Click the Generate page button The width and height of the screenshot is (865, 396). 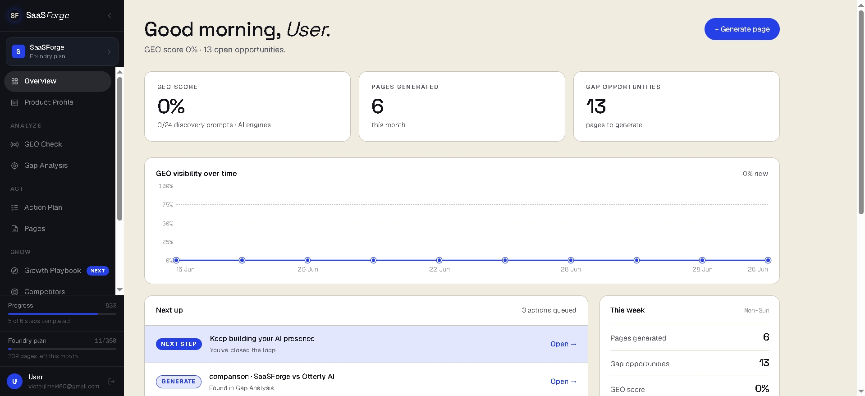tap(742, 29)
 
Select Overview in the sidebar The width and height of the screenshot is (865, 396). tap(58, 81)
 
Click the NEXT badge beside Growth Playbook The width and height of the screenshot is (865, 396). tap(98, 271)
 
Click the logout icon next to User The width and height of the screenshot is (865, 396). tap(111, 382)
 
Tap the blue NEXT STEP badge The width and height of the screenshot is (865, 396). tap(179, 344)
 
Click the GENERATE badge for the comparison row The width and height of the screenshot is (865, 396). tap(178, 382)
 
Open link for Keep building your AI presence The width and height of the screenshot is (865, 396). tap(563, 344)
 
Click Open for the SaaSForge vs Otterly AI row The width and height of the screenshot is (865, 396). tap(563, 382)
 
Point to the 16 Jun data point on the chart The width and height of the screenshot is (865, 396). tap(176, 260)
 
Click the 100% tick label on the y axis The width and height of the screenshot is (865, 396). tap(166, 186)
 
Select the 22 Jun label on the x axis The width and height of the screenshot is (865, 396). tap(439, 270)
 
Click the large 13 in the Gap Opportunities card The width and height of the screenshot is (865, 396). tap(596, 106)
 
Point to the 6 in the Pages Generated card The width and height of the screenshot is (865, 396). tap(378, 106)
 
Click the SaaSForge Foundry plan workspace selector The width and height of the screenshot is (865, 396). tap(62, 51)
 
